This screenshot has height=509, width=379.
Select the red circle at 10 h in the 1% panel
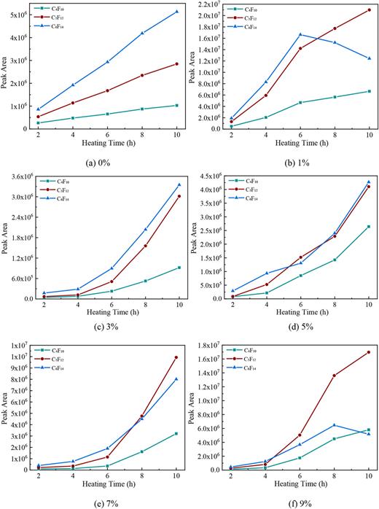(369, 10)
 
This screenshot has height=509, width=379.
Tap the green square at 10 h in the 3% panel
(179, 268)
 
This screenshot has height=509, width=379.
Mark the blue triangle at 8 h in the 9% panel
(335, 425)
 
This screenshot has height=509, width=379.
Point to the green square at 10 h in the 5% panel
(369, 227)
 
